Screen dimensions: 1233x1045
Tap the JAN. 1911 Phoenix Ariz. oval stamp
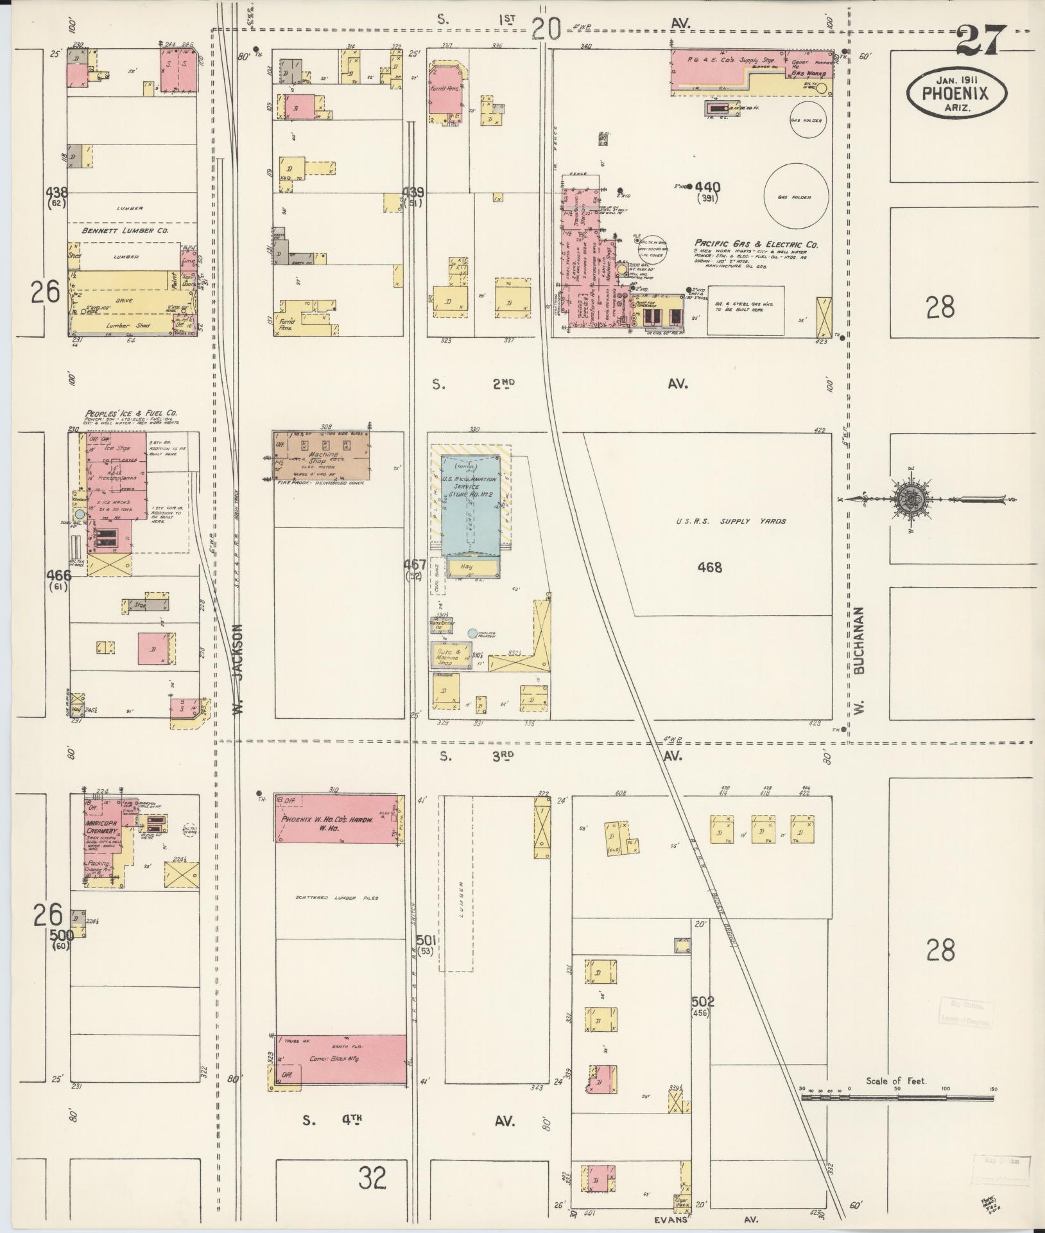[956, 94]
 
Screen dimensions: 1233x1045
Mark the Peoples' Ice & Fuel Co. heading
[130, 413]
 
